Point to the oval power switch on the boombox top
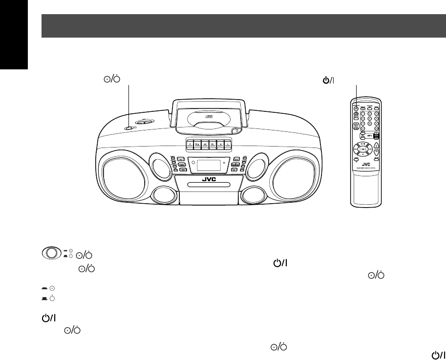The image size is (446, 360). coord(129,128)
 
